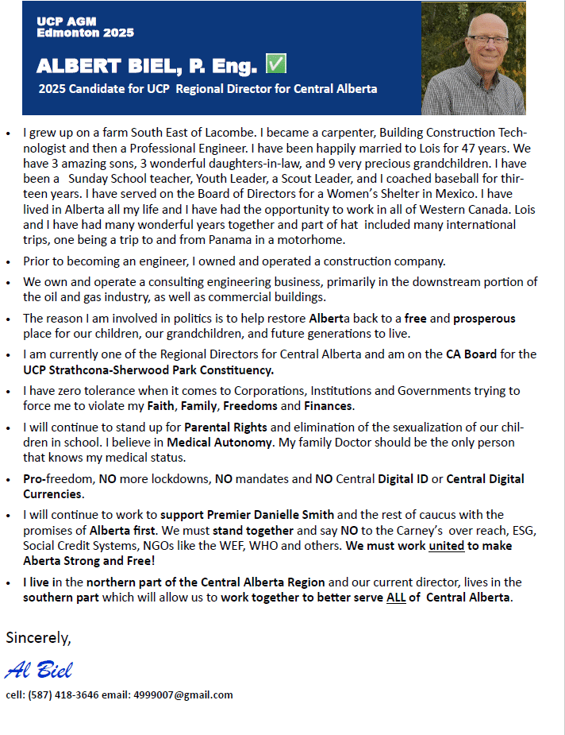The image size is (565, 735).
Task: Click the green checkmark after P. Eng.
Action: pyautogui.click(x=276, y=64)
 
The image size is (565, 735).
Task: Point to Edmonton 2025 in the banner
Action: pyautogui.click(x=85, y=33)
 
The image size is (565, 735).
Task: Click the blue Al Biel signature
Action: pyautogui.click(x=38, y=670)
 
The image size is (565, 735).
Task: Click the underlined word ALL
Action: pyautogui.click(x=397, y=598)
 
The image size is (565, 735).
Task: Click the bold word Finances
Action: pyautogui.click(x=329, y=406)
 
